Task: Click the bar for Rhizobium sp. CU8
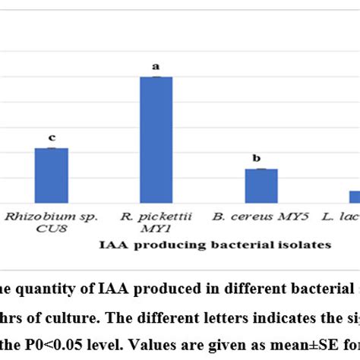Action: [52, 175]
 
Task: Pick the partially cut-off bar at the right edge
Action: [354, 196]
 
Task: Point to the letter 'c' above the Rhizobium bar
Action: [52, 137]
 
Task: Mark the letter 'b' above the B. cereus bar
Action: [257, 158]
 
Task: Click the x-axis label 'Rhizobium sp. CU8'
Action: [48, 222]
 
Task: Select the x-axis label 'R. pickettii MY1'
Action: [156, 222]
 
